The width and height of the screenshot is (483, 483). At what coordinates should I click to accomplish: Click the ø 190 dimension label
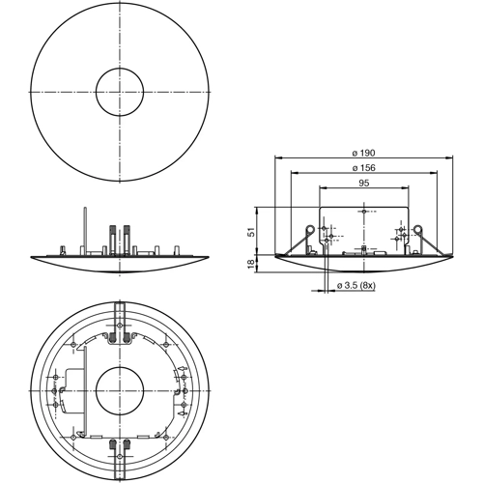click(x=363, y=153)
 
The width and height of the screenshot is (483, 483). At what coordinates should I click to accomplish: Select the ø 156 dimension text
click(x=363, y=168)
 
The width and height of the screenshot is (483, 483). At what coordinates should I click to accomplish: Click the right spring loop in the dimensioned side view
click(x=417, y=231)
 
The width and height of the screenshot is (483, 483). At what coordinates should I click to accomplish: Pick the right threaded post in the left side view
click(x=128, y=237)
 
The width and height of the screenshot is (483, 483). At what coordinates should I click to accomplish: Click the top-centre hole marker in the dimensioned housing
click(x=363, y=212)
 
